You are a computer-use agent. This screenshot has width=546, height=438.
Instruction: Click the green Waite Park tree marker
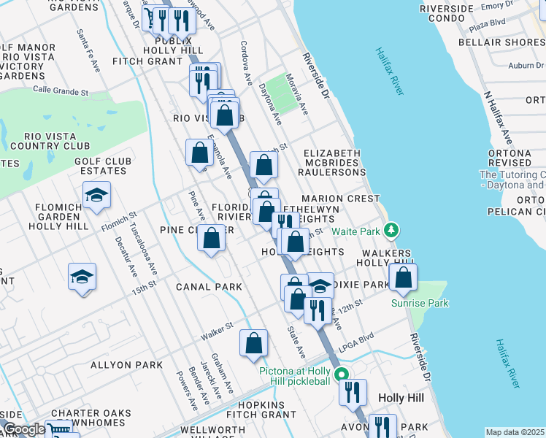[x=392, y=231]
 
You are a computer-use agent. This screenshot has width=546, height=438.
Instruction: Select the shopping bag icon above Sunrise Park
[x=402, y=277]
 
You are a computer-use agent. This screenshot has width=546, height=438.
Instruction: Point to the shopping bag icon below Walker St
[x=253, y=343]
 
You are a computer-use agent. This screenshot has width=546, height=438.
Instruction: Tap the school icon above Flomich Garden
[x=96, y=195]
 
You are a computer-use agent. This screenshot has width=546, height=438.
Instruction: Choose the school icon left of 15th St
[x=82, y=277]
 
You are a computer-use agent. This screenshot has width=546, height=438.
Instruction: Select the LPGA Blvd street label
[x=355, y=337]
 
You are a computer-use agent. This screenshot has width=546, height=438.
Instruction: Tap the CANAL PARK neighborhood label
[x=209, y=287]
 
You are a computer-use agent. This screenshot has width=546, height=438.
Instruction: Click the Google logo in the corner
[x=24, y=429]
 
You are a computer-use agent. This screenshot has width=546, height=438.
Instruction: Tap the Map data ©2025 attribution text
[x=515, y=432]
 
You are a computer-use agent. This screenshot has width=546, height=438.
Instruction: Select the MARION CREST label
[x=340, y=199]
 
